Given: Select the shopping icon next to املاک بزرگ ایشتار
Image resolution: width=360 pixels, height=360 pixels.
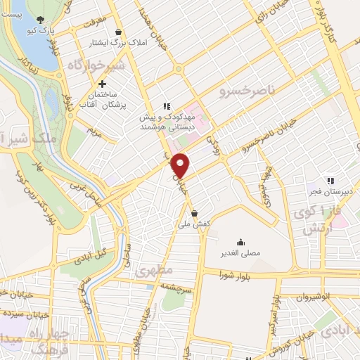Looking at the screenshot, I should click(118, 32).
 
